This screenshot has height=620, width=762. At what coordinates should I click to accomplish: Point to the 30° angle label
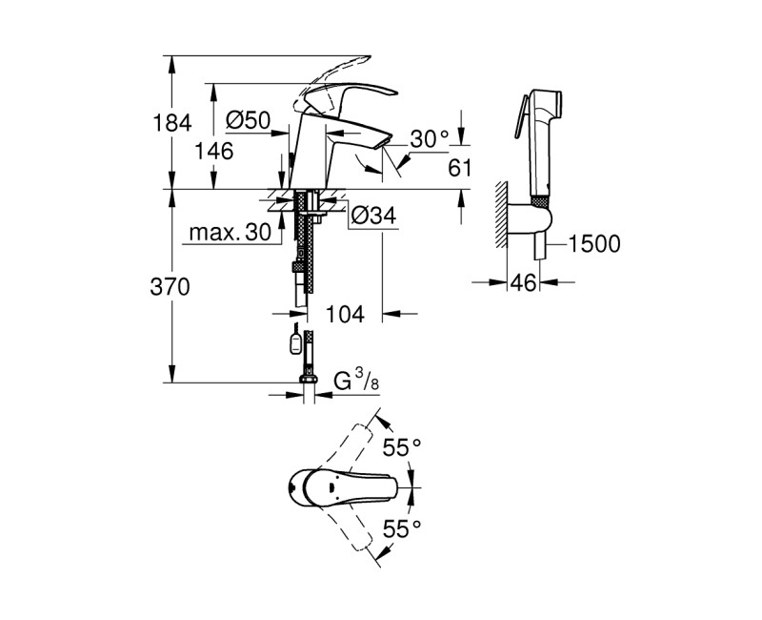429,139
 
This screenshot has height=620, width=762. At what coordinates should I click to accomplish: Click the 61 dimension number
460,168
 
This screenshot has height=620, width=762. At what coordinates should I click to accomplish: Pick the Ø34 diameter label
372,217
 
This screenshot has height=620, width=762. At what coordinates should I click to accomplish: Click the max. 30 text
229,234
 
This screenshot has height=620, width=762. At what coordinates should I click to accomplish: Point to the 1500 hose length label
593,244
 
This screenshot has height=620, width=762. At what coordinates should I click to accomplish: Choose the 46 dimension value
520,282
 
